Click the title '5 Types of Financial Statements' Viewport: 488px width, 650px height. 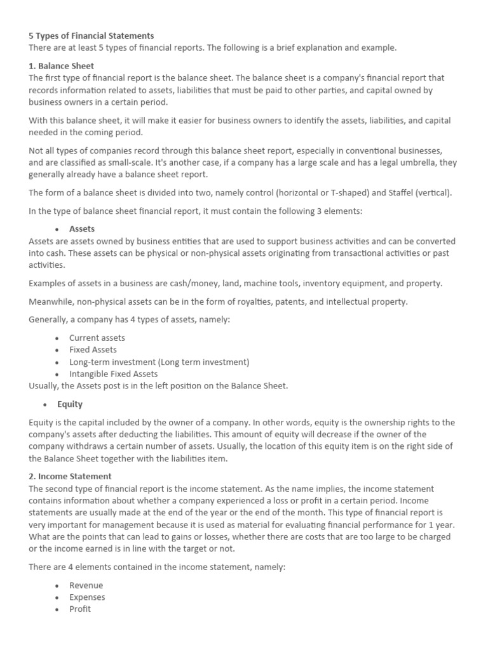tap(91, 36)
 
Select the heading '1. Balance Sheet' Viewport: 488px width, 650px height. tap(62, 65)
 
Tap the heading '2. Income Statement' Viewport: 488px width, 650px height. tap(70, 476)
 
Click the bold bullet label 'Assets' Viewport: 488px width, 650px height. tap(82, 229)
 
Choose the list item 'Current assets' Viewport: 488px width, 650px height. tap(97, 338)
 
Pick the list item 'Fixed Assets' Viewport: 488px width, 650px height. tap(93, 350)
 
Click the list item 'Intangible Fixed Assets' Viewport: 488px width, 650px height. tap(114, 374)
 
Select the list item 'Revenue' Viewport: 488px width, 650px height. tap(86, 585)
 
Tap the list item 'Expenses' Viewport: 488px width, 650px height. tap(87, 597)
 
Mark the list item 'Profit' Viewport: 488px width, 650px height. tap(80, 609)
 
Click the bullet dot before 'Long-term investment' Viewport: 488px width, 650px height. tap(57, 362)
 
